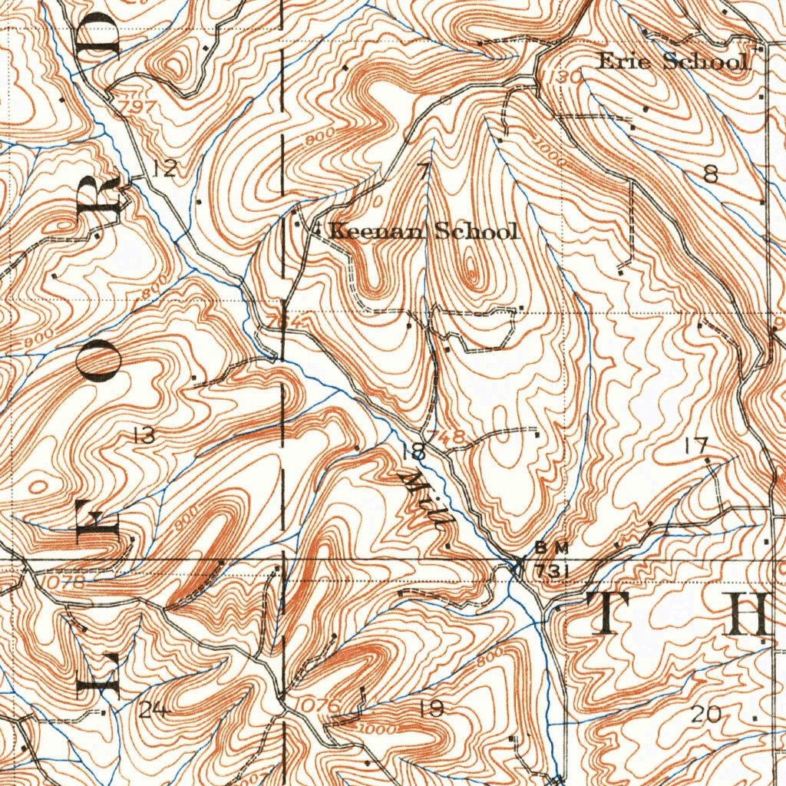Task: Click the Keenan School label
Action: click(x=424, y=230)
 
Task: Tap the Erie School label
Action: click(x=672, y=61)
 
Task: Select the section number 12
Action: click(x=164, y=168)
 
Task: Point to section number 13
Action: click(x=144, y=436)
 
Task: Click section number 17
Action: click(x=697, y=444)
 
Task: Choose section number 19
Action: click(x=432, y=708)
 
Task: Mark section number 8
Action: click(x=711, y=175)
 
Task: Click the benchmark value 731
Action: click(x=551, y=572)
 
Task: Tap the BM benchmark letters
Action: click(x=552, y=547)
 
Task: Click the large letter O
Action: click(x=102, y=363)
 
